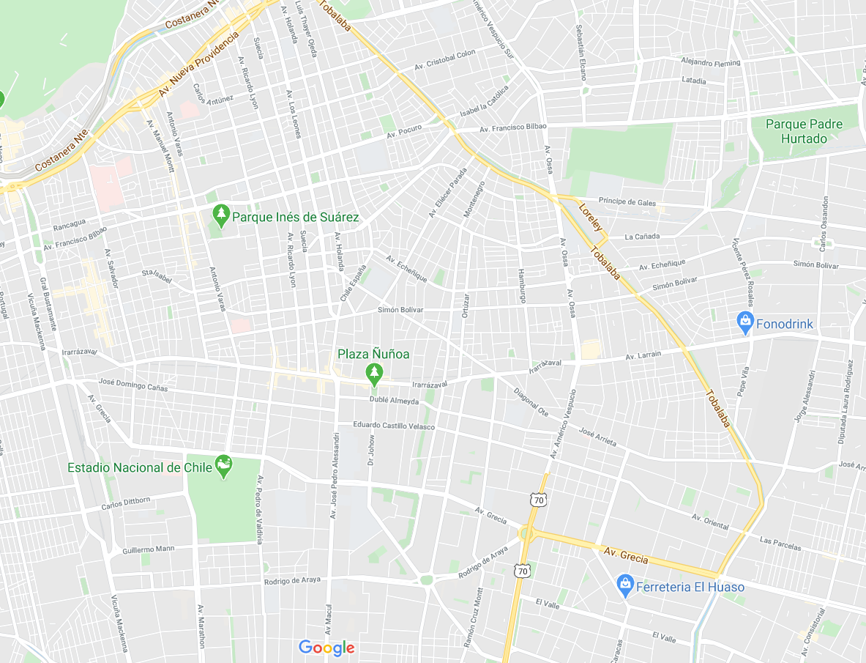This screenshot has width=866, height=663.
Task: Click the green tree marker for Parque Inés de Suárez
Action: pyautogui.click(x=221, y=214)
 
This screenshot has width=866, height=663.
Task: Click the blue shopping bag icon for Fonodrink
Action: pyautogui.click(x=745, y=321)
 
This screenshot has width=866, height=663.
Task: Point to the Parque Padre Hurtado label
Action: pyautogui.click(x=804, y=131)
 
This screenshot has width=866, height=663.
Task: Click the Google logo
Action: pyautogui.click(x=326, y=648)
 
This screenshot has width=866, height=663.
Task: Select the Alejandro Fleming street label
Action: pyautogui.click(x=710, y=63)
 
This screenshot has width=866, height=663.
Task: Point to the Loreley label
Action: pyautogui.click(x=591, y=218)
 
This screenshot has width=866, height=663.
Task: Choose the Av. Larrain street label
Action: pyautogui.click(x=643, y=355)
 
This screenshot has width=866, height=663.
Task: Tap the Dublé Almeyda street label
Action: pyautogui.click(x=395, y=401)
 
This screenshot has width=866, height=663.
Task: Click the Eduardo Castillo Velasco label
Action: pyautogui.click(x=394, y=426)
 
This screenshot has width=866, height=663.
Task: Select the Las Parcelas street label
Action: pyautogui.click(x=780, y=544)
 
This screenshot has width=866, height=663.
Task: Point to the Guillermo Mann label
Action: pyautogui.click(x=149, y=549)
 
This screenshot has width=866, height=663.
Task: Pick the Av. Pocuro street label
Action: pyautogui.click(x=405, y=132)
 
